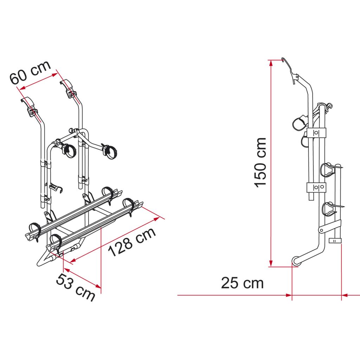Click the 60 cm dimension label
pos(30,72)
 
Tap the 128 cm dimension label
pos(132,242)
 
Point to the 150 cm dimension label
pos(260,162)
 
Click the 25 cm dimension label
pos(242,283)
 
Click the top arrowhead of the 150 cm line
pos(271,63)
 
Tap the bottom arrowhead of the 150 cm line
pos(271,263)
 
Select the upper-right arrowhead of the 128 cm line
pos(157,219)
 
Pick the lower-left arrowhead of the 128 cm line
pos(73,261)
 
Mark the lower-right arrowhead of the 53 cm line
pos(98,285)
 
